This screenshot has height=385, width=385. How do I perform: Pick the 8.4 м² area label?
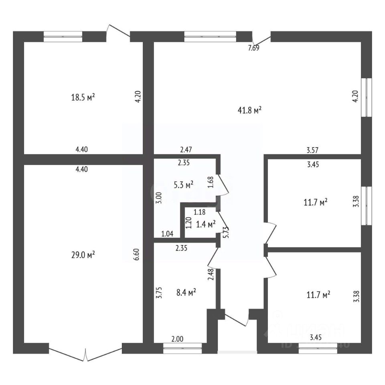186,294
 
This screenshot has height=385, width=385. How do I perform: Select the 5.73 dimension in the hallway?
226,233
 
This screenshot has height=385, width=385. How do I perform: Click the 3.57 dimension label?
313,150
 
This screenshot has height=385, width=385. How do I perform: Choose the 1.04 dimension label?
168,233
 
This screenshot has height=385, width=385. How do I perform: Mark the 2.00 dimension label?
177,339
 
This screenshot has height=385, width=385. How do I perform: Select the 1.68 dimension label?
210,183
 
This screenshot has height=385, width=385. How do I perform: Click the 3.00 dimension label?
158,198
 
